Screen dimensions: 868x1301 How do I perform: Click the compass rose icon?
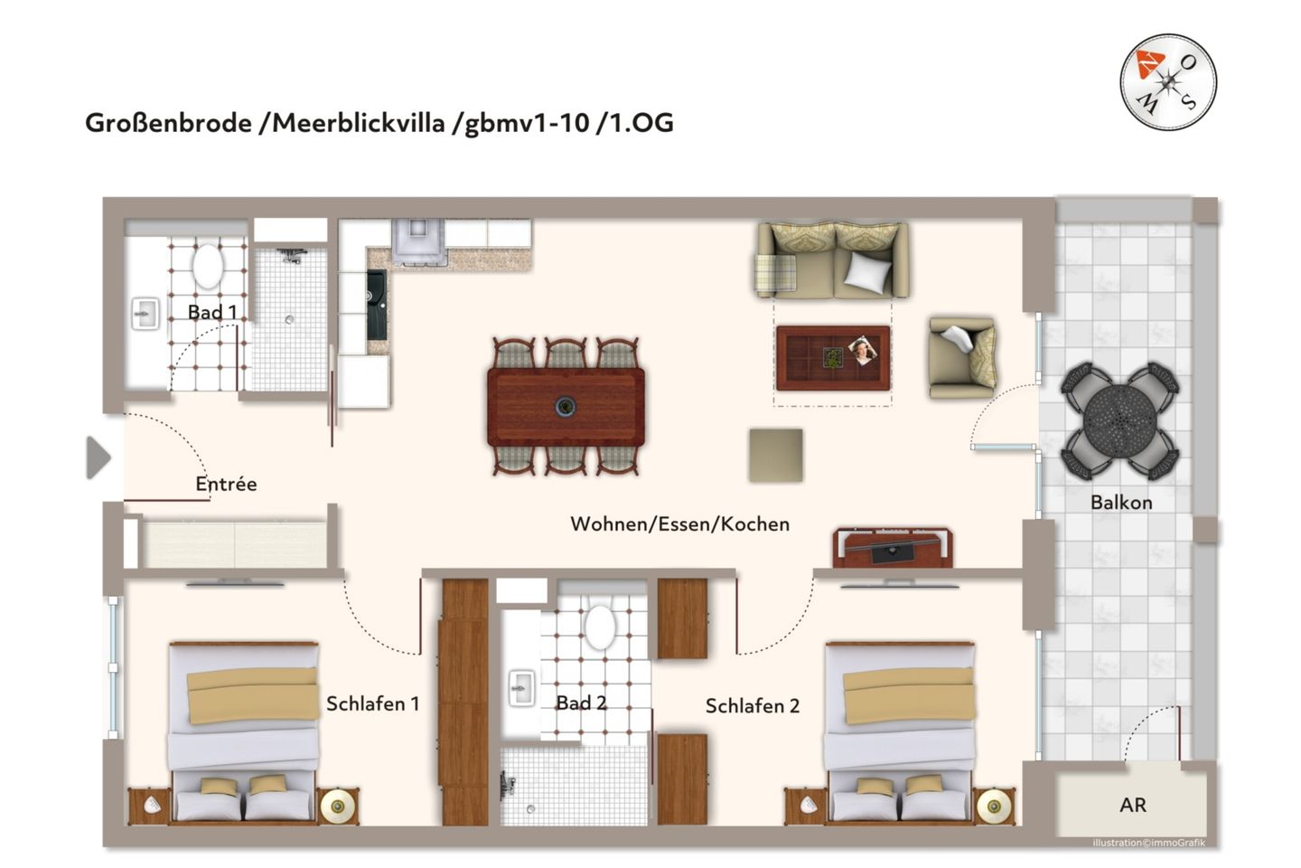(x=1168, y=82)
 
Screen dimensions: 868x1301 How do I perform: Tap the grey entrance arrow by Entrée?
(x=98, y=458)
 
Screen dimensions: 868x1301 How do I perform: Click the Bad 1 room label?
(x=212, y=312)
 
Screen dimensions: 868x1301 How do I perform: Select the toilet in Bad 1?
(x=208, y=266)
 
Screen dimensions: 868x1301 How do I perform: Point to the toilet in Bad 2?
(x=599, y=627)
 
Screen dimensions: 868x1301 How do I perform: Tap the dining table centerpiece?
(x=566, y=407)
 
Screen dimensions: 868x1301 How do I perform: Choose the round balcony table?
(x=1120, y=420)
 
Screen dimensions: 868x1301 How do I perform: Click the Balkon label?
(x=1121, y=503)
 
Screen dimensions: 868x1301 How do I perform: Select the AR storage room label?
(x=1132, y=805)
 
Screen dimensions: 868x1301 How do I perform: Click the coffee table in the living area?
(x=833, y=358)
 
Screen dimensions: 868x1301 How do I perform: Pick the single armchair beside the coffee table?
(x=963, y=358)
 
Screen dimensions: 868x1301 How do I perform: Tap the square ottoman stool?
(x=776, y=455)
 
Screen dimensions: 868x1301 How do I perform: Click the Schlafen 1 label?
(x=372, y=703)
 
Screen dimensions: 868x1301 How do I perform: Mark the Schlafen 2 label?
(x=752, y=706)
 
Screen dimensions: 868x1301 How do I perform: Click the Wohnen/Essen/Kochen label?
(x=679, y=524)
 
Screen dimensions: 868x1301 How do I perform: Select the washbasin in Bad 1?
(x=145, y=314)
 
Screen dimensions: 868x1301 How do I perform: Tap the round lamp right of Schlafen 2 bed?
(x=994, y=805)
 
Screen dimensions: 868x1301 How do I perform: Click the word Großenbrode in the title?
(x=168, y=123)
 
